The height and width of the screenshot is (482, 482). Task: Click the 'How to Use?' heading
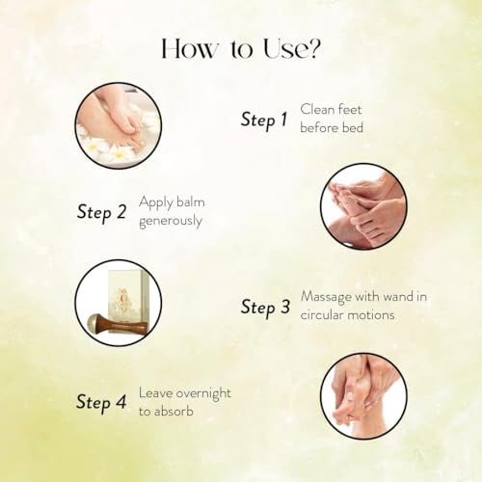[x=241, y=49]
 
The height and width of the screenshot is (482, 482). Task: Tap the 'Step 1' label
[x=264, y=120]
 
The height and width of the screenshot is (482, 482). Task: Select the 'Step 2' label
[x=101, y=213]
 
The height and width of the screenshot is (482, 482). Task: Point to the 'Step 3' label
[x=265, y=308]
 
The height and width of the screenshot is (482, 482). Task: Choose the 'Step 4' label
[x=101, y=403]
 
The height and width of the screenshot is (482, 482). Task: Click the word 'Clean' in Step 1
[x=317, y=110]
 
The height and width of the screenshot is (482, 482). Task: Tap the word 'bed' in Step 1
[x=352, y=128]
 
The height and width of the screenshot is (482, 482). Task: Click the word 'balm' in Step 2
[x=191, y=202]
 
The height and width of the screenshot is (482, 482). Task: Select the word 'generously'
[x=171, y=222]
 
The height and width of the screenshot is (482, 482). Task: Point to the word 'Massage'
[x=326, y=297]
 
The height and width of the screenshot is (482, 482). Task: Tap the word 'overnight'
[x=203, y=394]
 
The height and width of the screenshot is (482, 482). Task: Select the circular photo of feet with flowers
[x=119, y=125]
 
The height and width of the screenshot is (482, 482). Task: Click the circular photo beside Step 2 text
[x=363, y=206]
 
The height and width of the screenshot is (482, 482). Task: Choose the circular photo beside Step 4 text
[x=363, y=395]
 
